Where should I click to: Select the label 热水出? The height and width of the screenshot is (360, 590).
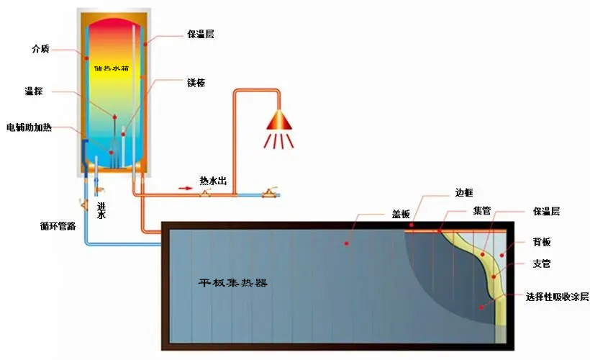[x=214, y=181]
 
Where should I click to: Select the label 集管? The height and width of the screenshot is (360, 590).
[x=481, y=212]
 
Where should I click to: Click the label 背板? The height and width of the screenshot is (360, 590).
[x=543, y=241]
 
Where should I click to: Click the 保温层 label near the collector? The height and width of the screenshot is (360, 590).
[x=546, y=212]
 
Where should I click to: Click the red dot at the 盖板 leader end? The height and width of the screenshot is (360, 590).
[x=347, y=243]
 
